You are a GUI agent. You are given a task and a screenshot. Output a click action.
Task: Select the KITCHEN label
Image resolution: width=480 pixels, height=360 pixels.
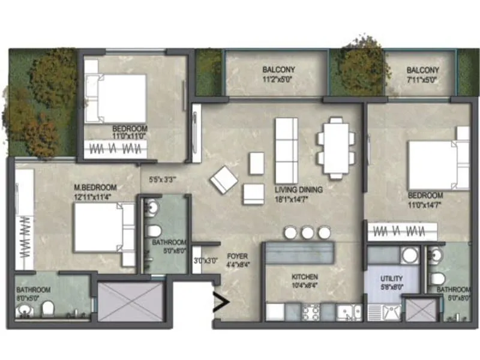(304, 277)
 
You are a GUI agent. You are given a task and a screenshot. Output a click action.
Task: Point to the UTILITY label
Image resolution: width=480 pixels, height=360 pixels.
(391, 279)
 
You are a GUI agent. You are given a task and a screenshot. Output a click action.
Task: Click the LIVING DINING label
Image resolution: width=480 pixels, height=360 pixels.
(298, 190)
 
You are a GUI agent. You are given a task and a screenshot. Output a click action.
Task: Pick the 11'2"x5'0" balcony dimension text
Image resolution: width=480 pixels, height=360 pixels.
(277, 79)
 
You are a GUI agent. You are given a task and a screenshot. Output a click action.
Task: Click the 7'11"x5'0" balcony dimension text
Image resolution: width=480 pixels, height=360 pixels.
(422, 79)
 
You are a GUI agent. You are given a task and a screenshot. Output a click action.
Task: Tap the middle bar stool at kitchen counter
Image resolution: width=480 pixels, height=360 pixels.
(307, 232)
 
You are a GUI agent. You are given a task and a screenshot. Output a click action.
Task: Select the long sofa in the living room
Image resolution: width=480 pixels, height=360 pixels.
(286, 146)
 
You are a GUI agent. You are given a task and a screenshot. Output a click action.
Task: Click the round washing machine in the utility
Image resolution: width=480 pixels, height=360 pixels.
(410, 255)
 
